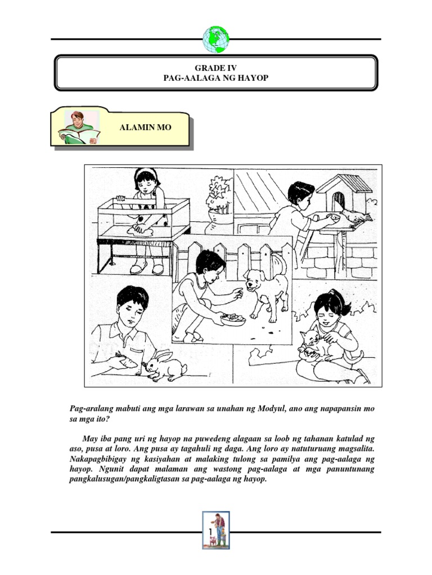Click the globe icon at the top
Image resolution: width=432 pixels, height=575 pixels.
(216, 39)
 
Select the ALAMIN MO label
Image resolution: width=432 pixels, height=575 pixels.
(145, 127)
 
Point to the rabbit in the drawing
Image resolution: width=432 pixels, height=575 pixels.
(166, 366)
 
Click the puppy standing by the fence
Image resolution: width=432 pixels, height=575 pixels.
(266, 292)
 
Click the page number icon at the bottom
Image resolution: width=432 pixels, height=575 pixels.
(216, 531)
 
